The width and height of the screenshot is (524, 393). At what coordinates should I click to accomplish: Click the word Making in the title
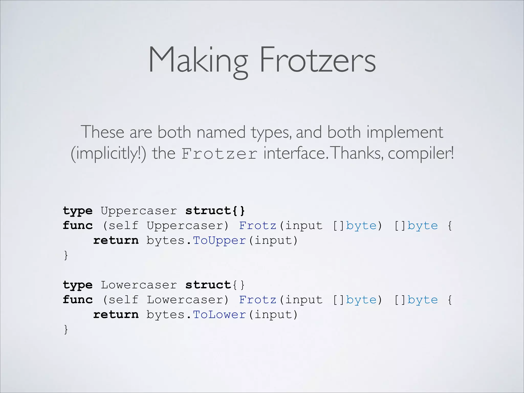(x=198, y=60)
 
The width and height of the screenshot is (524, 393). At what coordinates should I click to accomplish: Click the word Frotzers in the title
(x=318, y=60)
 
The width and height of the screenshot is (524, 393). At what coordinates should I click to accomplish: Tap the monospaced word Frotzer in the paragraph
(x=220, y=154)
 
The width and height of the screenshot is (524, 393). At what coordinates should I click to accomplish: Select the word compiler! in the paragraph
(x=421, y=153)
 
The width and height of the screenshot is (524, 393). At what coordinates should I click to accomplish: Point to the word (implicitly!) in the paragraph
(x=108, y=154)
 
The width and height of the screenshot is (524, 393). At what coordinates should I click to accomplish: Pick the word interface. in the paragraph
(x=296, y=153)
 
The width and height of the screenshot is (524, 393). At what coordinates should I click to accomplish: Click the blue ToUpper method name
(x=219, y=240)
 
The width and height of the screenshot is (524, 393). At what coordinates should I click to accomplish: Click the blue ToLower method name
(x=219, y=314)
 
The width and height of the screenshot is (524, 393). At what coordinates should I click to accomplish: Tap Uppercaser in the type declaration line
(x=139, y=211)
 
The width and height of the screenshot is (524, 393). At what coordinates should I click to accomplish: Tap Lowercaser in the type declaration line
(x=139, y=285)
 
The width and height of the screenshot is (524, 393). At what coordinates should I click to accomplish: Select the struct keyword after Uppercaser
(x=208, y=211)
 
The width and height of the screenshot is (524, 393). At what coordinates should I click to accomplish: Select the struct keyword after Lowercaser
(x=208, y=285)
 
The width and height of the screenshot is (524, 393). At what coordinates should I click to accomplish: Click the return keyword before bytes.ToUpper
(x=116, y=240)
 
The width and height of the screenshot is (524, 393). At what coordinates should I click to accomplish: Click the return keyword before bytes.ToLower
(x=116, y=314)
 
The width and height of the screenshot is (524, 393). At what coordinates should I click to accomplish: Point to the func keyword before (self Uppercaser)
(x=78, y=225)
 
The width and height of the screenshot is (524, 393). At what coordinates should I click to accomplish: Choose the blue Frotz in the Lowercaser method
(x=258, y=300)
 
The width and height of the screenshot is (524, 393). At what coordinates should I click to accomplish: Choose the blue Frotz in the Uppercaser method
(x=258, y=225)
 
